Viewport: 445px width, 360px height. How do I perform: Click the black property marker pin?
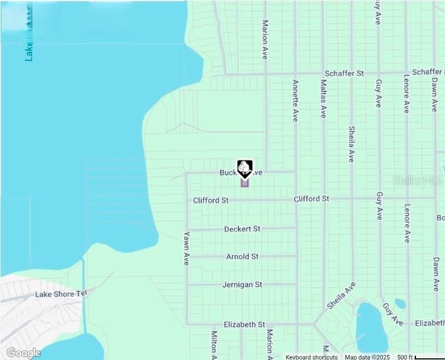point(244,168)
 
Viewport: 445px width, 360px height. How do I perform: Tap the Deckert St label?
point(242,229)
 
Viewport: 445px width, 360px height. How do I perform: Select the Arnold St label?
point(242,256)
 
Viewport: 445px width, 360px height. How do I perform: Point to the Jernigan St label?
point(242,284)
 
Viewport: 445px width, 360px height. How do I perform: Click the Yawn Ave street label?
point(186,249)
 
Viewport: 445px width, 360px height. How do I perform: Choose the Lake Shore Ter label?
point(61,294)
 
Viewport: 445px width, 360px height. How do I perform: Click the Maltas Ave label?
point(323,99)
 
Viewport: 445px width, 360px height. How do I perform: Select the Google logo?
point(23,353)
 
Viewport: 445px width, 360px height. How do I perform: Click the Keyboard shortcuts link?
point(312,357)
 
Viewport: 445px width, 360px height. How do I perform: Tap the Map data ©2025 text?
point(367,357)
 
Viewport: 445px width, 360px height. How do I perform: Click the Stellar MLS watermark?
point(418,180)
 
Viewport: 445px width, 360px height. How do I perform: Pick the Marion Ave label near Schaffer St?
point(266,39)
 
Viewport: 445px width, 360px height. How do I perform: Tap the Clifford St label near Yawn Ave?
point(210,201)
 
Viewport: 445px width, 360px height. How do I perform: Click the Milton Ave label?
point(214,342)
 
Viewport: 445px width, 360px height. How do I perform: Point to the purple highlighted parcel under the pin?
point(244,183)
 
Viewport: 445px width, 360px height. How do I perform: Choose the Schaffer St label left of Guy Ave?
point(344,73)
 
